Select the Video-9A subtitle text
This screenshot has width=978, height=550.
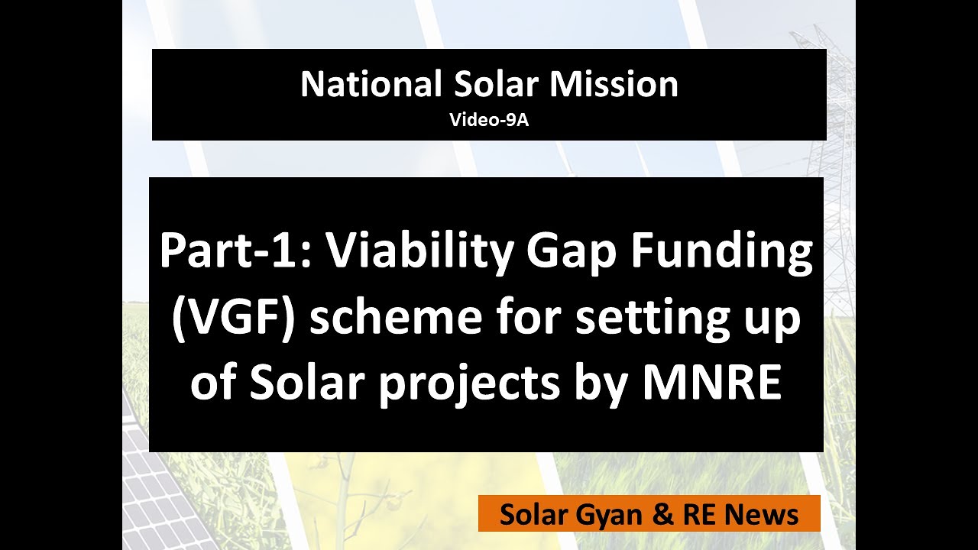[489, 119]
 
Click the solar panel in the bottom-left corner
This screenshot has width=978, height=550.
[153, 497]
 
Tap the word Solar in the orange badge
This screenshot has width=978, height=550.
[529, 515]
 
